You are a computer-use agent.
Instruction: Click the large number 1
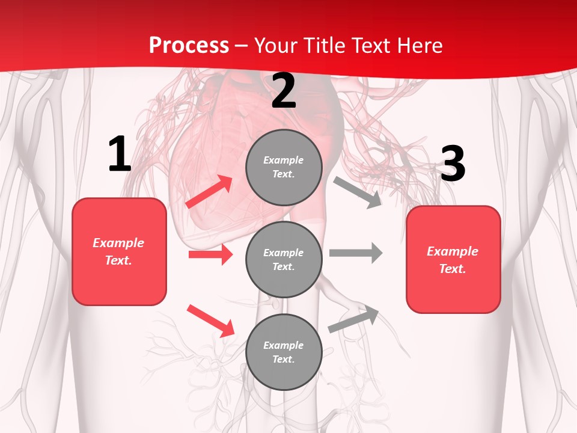120,155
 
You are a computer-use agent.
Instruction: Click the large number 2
284,91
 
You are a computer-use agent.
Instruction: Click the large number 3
453,164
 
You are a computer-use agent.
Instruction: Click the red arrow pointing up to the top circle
209,192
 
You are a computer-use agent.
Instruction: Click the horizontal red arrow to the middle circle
210,254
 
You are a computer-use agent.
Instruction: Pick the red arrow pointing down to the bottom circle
210,321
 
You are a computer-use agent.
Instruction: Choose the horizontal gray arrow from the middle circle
356,253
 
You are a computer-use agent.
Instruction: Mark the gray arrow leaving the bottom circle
353,319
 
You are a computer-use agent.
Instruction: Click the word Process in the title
189,45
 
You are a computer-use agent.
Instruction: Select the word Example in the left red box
118,243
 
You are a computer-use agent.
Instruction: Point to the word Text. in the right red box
453,269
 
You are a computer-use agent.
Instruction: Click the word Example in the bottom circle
284,345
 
